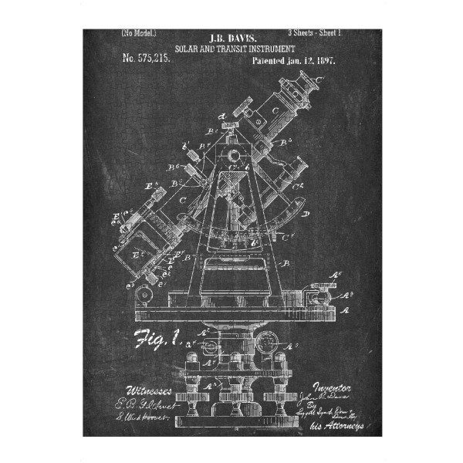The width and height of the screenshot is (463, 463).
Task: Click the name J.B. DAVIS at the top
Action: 235,37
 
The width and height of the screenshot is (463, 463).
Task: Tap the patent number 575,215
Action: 147,58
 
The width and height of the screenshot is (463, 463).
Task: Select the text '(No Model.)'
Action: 139,33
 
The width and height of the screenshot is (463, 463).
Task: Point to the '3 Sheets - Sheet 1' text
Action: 314,33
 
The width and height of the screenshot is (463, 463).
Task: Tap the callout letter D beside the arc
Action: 307,213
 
